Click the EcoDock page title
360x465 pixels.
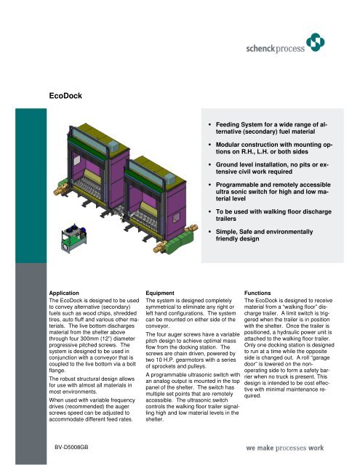click(x=65, y=94)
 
